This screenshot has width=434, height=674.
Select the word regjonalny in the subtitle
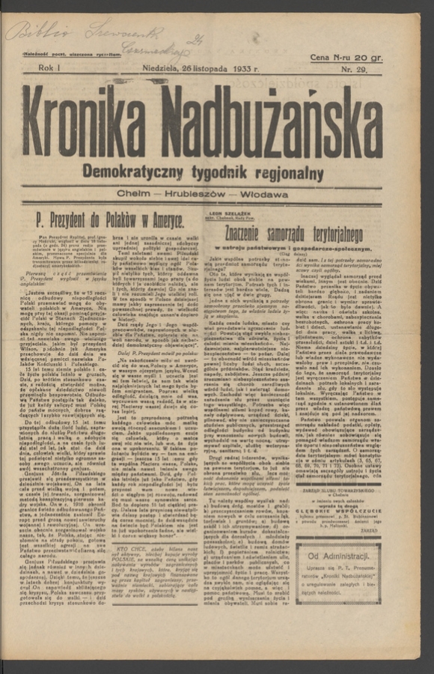pyautogui.click(x=289, y=174)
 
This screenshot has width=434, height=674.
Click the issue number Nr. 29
pyautogui.click(x=366, y=69)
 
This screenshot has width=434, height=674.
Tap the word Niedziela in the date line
pyautogui.click(x=162, y=68)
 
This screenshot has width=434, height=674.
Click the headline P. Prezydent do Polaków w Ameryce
pyautogui.click(x=110, y=220)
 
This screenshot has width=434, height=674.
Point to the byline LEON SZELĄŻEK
pyautogui.click(x=220, y=212)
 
